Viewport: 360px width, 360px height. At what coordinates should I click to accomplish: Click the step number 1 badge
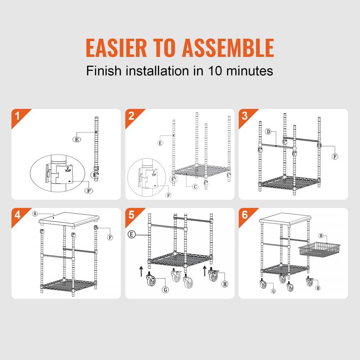click(17, 116)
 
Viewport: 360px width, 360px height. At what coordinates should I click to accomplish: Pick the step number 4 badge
click(17, 215)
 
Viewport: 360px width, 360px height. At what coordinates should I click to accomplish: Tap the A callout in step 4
click(35, 213)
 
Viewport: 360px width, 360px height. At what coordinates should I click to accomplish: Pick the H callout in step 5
click(225, 284)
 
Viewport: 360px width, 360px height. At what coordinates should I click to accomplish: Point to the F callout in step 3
click(335, 157)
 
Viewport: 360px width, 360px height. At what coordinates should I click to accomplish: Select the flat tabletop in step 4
click(68, 220)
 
